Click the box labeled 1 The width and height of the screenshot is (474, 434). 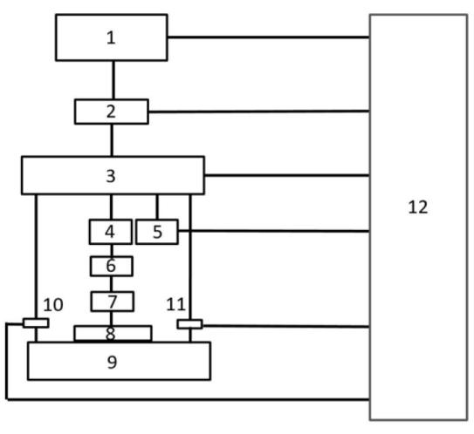point(111,37)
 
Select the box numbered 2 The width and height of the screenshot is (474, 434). point(112,112)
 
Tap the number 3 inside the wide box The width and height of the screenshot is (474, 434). point(111,176)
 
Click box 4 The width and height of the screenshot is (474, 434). point(111,232)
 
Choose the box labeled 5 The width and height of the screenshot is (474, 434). point(157,232)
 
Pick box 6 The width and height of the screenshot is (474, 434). point(112,266)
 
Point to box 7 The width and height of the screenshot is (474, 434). point(112,302)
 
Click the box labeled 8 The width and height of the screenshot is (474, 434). point(113,334)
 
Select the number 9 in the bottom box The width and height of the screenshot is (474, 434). point(112,362)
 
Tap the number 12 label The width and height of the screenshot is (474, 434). point(418,207)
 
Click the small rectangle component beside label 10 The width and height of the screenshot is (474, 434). point(36,323)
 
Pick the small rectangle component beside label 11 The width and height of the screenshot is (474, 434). point(189,324)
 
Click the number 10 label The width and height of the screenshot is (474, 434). point(53,304)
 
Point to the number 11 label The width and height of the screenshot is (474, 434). point(175,304)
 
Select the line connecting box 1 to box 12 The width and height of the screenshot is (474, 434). point(269,37)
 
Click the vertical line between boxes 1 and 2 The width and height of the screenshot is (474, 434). point(113,80)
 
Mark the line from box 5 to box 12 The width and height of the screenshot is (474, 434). point(274,231)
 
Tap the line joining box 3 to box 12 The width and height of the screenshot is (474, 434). point(287,175)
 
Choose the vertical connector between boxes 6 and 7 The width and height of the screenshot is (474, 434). point(111,284)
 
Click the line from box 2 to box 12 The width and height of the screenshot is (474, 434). point(259,112)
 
